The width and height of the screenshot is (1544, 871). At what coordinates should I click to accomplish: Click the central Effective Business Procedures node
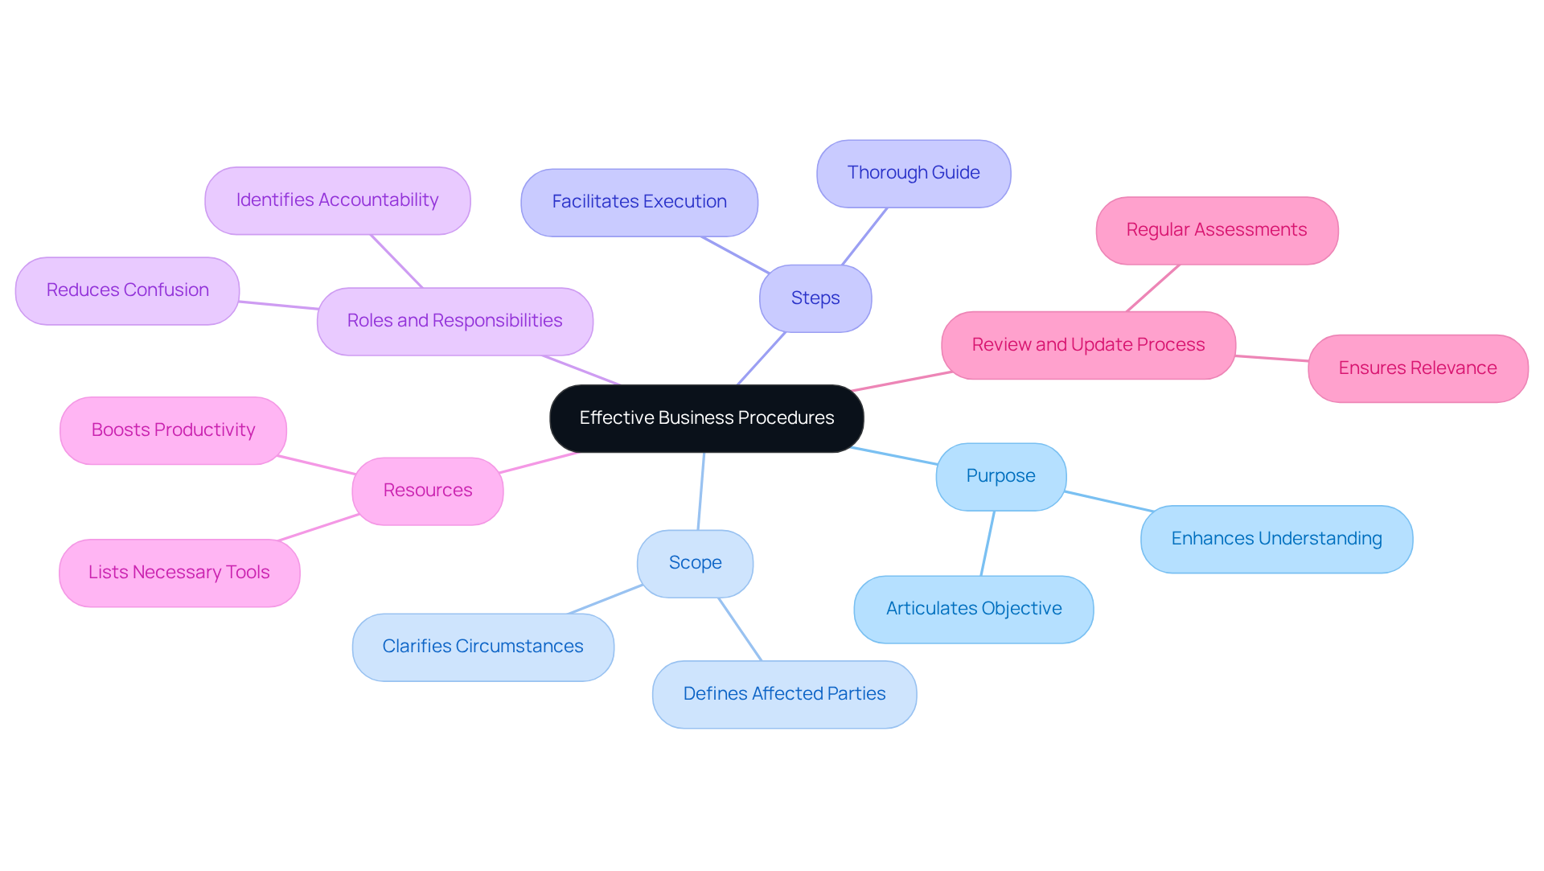pyautogui.click(x=706, y=418)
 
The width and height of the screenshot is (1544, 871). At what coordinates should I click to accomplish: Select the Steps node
pyautogui.click(x=815, y=298)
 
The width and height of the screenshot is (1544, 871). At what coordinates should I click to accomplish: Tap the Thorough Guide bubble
pyautogui.click(x=913, y=174)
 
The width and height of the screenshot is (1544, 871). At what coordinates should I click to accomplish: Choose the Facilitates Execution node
pyautogui.click(x=639, y=203)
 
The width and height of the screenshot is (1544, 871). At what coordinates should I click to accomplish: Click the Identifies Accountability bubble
pyautogui.click(x=337, y=201)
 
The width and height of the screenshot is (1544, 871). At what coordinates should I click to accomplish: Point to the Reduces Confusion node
pyautogui.click(x=127, y=291)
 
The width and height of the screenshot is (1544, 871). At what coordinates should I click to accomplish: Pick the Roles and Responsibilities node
pyautogui.click(x=454, y=322)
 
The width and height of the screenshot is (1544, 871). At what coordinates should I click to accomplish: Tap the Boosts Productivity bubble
pyautogui.click(x=173, y=430)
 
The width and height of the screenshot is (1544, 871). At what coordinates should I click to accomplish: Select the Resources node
pyautogui.click(x=427, y=491)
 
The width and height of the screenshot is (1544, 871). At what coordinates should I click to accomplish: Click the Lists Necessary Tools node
pyautogui.click(x=179, y=573)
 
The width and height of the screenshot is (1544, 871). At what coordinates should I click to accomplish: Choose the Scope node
pyautogui.click(x=695, y=563)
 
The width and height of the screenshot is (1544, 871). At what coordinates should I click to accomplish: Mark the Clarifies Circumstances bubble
pyautogui.click(x=482, y=647)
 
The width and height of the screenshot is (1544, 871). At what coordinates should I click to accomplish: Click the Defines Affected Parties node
pyautogui.click(x=784, y=694)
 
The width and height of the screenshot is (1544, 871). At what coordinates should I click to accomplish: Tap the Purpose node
pyautogui.click(x=1000, y=476)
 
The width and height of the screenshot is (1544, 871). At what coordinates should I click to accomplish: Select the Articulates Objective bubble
pyautogui.click(x=973, y=609)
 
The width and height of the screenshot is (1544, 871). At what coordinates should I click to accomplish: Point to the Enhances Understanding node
pyautogui.click(x=1276, y=539)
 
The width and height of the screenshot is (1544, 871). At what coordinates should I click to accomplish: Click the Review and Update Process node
pyautogui.click(x=1088, y=345)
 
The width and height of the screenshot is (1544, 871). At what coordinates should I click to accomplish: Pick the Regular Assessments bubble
pyautogui.click(x=1216, y=231)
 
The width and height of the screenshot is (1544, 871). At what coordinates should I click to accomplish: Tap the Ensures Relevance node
pyautogui.click(x=1417, y=368)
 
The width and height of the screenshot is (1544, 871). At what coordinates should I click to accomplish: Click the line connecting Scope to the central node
pyautogui.click(x=701, y=491)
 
